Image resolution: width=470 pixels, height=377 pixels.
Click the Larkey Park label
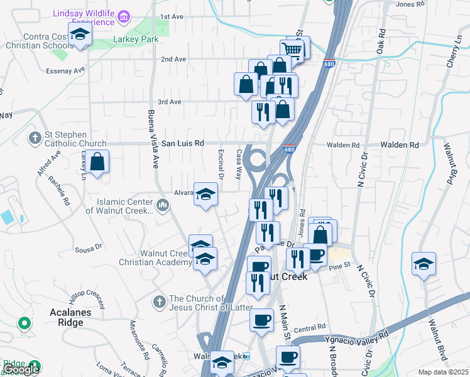(136, 40)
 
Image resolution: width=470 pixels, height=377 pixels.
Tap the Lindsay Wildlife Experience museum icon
(124, 16)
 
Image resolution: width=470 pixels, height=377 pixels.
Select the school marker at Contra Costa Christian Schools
(80, 36)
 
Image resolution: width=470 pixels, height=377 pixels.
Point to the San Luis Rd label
(183, 143)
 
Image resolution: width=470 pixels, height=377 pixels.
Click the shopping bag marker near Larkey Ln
(97, 163)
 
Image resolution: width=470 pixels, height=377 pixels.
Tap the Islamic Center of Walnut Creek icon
(163, 205)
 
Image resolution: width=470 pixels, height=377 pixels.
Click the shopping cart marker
(292, 50)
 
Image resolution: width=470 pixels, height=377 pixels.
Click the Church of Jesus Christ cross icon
(159, 302)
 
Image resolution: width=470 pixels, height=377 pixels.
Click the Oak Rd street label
(380, 40)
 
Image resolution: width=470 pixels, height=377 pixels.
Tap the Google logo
(21, 370)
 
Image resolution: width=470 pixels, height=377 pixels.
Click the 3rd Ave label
(169, 102)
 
